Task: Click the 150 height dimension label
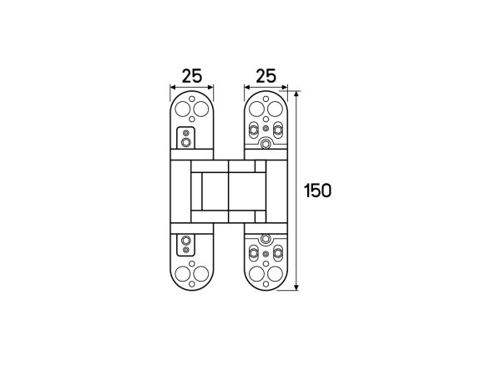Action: [317, 191]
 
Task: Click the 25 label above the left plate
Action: [192, 76]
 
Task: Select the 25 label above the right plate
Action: [266, 76]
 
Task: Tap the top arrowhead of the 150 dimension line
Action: [296, 94]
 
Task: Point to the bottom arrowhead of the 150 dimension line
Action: [296, 287]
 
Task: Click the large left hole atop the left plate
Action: [183, 109]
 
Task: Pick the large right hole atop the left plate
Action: [201, 109]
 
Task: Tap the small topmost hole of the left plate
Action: [192, 99]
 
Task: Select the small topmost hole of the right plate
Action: [266, 99]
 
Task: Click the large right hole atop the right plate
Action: [275, 109]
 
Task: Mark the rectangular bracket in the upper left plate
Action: [185, 138]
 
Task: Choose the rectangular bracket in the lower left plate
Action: [185, 245]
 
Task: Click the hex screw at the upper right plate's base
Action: [266, 144]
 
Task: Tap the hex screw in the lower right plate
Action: [266, 239]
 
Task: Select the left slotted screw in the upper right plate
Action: [253, 130]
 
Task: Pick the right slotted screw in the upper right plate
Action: [278, 130]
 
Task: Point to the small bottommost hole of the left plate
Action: [192, 284]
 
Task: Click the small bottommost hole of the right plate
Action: [266, 284]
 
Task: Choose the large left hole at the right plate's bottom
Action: [256, 273]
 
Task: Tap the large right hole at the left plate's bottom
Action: [201, 273]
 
